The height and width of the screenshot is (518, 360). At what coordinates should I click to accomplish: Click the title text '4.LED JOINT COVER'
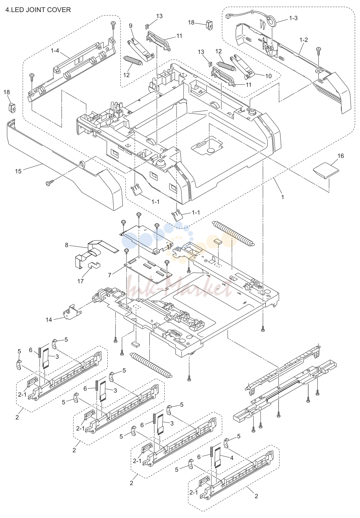tap(38, 10)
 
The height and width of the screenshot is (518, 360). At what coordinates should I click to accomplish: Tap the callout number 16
tap(341, 156)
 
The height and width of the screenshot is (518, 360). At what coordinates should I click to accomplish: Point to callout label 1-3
tap(293, 18)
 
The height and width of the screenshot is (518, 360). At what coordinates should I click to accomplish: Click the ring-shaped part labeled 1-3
tap(272, 20)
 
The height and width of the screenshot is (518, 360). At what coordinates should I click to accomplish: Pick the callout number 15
tap(18, 171)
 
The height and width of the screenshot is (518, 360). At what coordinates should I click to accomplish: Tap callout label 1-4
tap(55, 51)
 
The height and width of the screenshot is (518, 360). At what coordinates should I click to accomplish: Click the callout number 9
tap(131, 26)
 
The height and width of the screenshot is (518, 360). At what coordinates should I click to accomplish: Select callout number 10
tap(268, 76)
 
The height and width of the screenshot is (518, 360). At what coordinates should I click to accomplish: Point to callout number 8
tap(67, 245)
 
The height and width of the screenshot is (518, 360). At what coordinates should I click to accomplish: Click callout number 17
tap(81, 281)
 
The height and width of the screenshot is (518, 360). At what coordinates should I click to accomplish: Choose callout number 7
tap(110, 275)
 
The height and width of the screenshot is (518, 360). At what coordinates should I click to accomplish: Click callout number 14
tap(49, 320)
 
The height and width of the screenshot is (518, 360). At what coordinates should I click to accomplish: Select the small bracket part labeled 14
tap(72, 311)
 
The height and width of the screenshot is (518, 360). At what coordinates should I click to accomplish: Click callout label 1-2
tap(304, 40)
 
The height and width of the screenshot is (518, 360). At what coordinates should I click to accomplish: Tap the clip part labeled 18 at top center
tap(209, 25)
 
